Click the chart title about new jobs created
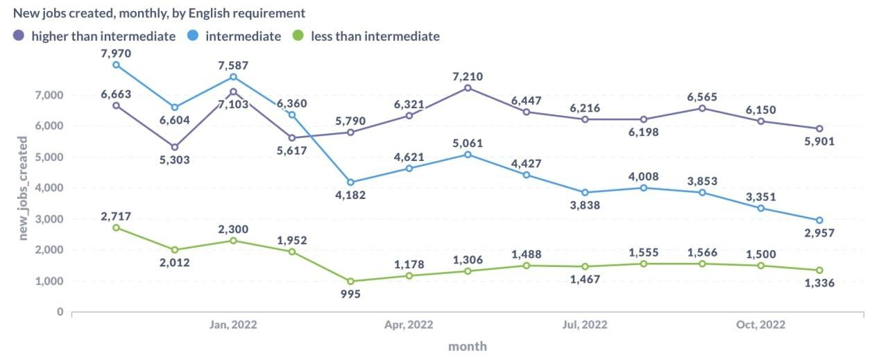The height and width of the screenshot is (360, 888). tap(159, 13)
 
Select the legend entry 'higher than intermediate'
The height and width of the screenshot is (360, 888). tap(103, 36)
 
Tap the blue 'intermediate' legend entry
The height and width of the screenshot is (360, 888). tap(243, 36)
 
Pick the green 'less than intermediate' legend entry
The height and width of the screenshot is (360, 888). tap(375, 36)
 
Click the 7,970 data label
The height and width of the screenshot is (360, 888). tap(116, 53)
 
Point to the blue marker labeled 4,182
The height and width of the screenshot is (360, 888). tap(350, 182)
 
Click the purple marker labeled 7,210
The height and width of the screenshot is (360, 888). tap(468, 88)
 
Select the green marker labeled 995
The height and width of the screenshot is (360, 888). tap(350, 281)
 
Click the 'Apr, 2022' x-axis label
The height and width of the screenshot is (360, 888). tap(409, 325)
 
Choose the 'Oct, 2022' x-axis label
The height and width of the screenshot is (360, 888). tap(761, 325)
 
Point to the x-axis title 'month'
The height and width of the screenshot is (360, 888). tap(468, 345)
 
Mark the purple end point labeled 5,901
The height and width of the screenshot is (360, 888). tap(819, 128)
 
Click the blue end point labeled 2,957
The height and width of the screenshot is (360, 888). tap(819, 220)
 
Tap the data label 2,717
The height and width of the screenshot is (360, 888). tap(116, 216)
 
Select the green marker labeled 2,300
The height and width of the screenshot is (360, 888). tap(233, 241)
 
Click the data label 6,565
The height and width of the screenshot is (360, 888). tap(702, 97)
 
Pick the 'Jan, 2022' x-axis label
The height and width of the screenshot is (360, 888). tap(233, 325)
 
